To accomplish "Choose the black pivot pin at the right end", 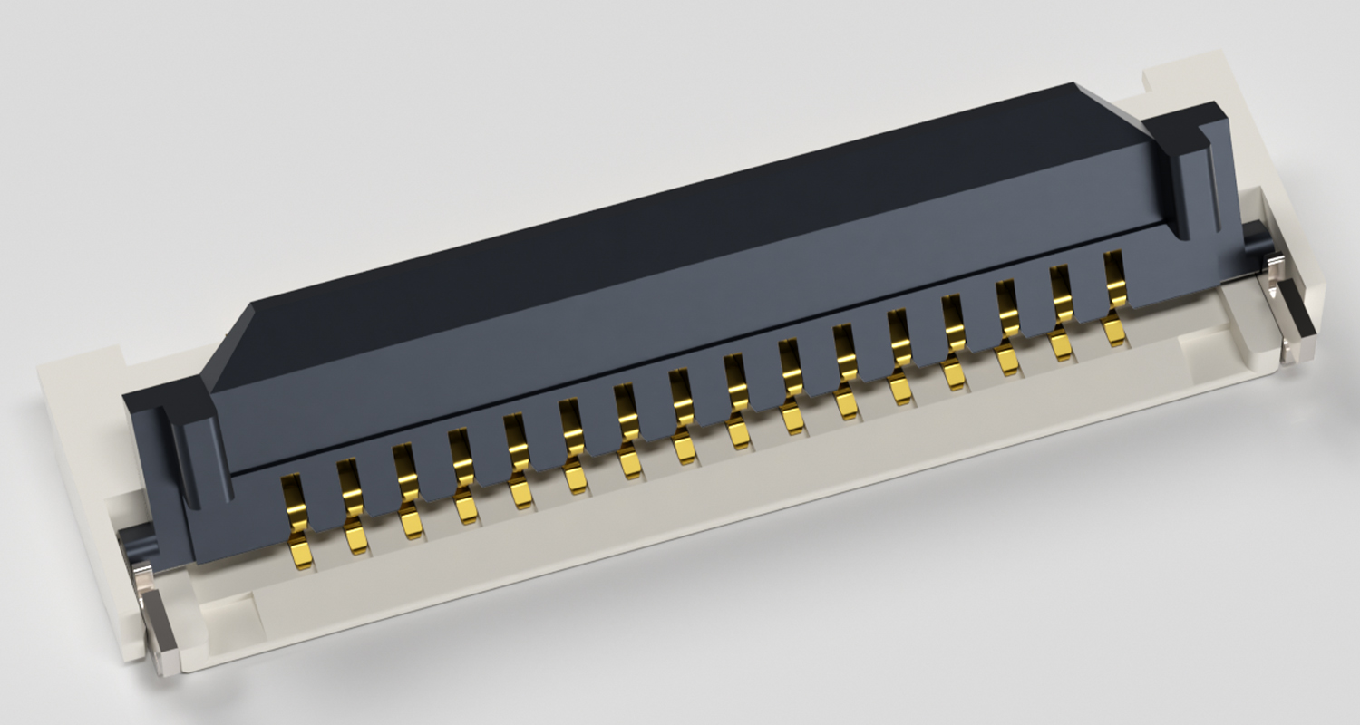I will pos(1256,237).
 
